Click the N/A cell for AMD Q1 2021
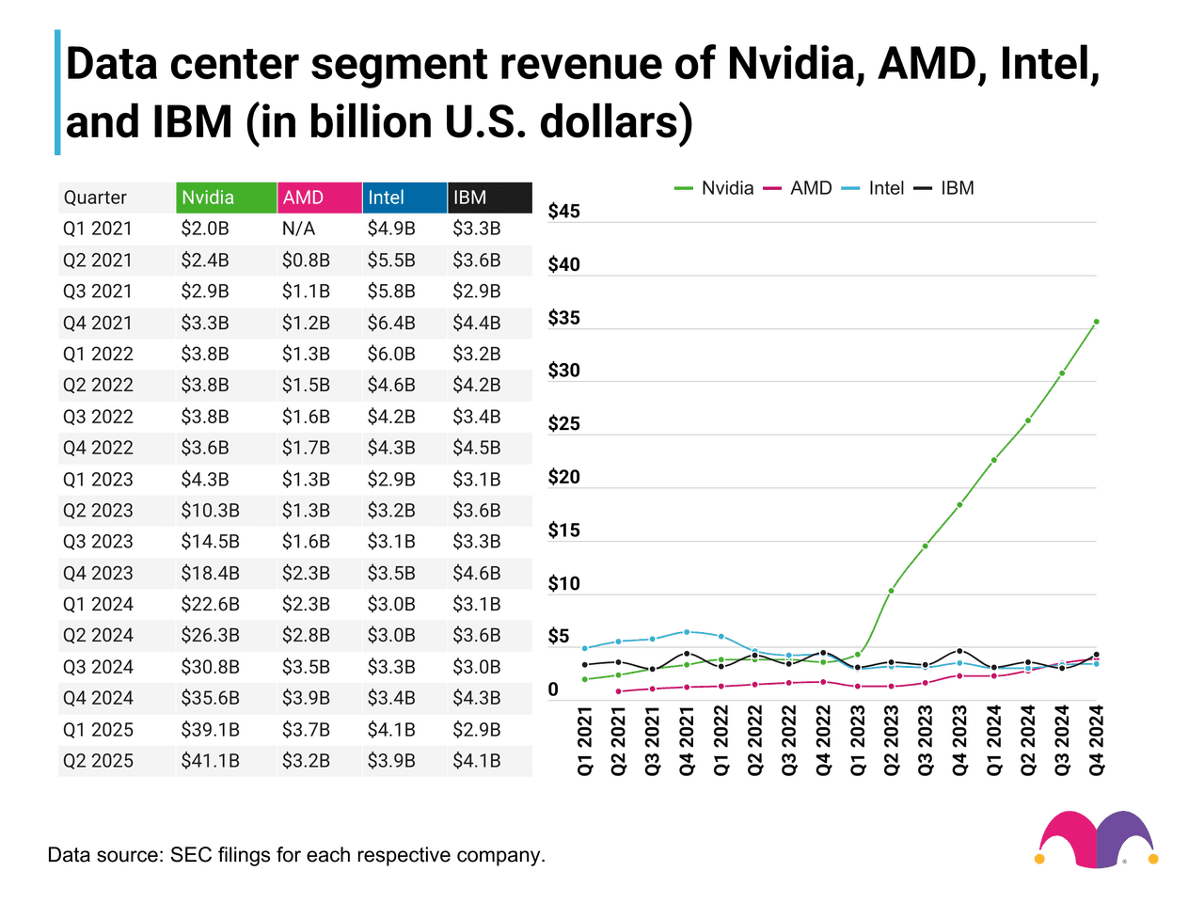tap(298, 229)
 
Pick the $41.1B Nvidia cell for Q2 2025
tap(210, 761)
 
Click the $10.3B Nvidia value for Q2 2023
tap(210, 511)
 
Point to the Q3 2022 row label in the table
tap(98, 417)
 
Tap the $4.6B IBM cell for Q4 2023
tap(477, 573)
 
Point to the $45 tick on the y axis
tap(564, 212)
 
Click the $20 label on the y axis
tap(564, 478)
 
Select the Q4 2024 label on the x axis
tap(1097, 740)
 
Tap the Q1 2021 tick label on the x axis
tap(585, 740)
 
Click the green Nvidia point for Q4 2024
tap(1097, 322)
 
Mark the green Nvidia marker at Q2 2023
tap(891, 591)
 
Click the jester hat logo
tap(1097, 838)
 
